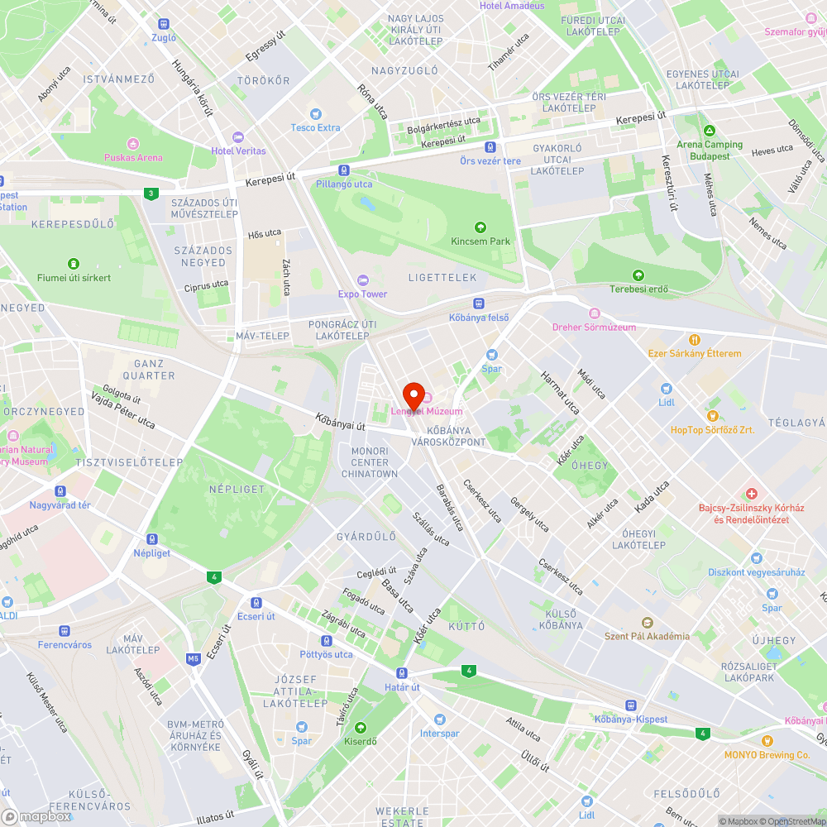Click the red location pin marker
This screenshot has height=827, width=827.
[413, 394]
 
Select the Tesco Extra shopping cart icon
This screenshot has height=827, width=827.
[315, 114]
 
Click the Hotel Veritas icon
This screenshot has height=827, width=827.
[239, 137]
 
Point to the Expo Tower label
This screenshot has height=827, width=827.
[362, 294]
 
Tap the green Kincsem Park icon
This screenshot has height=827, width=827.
[480, 227]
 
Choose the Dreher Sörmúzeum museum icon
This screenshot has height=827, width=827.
[594, 313]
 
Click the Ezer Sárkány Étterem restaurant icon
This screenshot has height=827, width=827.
[695, 339]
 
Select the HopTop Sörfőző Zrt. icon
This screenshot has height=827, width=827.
[712, 415]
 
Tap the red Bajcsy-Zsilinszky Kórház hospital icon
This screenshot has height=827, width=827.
[752, 494]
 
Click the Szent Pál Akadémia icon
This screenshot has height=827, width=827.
[648, 622]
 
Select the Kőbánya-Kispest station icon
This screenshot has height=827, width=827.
[631, 705]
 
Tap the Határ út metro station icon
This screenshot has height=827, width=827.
[402, 673]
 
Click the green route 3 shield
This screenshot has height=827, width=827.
[150, 194]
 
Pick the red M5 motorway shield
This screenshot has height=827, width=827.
[194, 659]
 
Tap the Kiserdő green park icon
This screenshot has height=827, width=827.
[361, 728]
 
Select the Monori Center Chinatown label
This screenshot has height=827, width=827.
[370, 462]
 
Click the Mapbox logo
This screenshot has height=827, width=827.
[36, 816]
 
